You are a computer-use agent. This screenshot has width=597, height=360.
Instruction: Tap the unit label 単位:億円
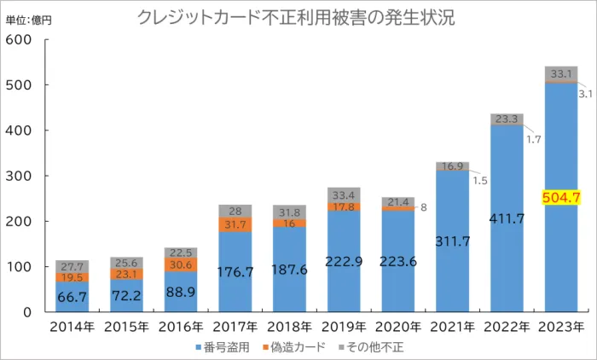point(29,20)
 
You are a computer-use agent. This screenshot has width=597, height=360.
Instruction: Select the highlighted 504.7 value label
point(561,198)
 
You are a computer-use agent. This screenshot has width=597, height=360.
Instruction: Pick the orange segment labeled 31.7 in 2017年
point(235,224)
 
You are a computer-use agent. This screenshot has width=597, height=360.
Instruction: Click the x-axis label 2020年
point(398,327)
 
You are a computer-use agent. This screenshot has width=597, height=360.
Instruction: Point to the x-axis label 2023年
point(561,327)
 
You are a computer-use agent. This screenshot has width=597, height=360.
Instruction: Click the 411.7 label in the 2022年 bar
point(507,218)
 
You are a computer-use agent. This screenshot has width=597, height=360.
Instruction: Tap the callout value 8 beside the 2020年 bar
point(422,206)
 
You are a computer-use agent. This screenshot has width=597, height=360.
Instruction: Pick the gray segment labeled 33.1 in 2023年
point(561,73)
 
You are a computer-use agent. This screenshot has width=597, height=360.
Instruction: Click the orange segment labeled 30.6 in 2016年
point(181,265)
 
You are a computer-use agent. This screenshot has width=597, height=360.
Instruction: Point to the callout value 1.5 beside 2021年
point(479,181)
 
